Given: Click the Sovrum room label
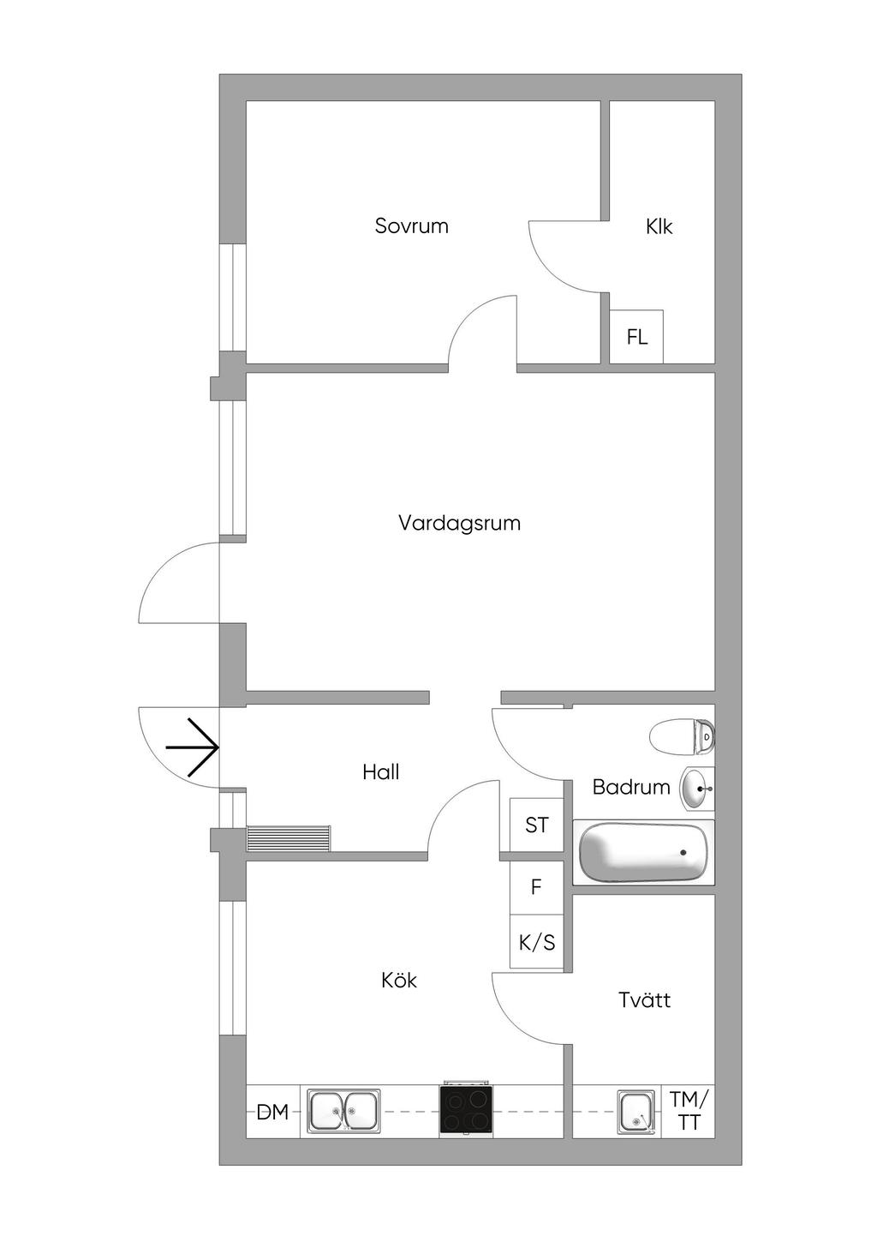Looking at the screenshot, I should tap(411, 226).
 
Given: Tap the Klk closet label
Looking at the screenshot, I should tap(659, 227).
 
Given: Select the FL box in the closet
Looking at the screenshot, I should tap(636, 337).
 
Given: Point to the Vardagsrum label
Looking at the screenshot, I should tap(459, 523).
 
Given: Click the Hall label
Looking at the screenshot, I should tap(380, 772).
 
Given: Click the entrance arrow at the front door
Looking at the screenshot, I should tap(193, 747).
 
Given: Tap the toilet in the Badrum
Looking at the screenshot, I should tap(682, 736).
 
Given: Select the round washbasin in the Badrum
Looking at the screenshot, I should tap(696, 788).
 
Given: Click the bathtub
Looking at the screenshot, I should tap(644, 854).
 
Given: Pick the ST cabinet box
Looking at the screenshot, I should tap(537, 825).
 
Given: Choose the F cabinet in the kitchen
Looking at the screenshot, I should tap(536, 887).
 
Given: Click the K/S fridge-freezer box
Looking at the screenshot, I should tap(537, 943).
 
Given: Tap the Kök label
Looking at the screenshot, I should tap(399, 980).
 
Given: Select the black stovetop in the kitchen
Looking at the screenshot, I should tap(466, 1111).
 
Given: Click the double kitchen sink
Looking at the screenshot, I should tap(343, 1112).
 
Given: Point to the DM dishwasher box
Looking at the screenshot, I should tap(272, 1113).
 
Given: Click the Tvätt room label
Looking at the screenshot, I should tap(644, 999).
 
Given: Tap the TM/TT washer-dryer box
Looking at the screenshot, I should tap(689, 1111).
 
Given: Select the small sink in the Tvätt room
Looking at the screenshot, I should tap(635, 1112).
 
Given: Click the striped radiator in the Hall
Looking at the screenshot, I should tap(288, 838).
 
